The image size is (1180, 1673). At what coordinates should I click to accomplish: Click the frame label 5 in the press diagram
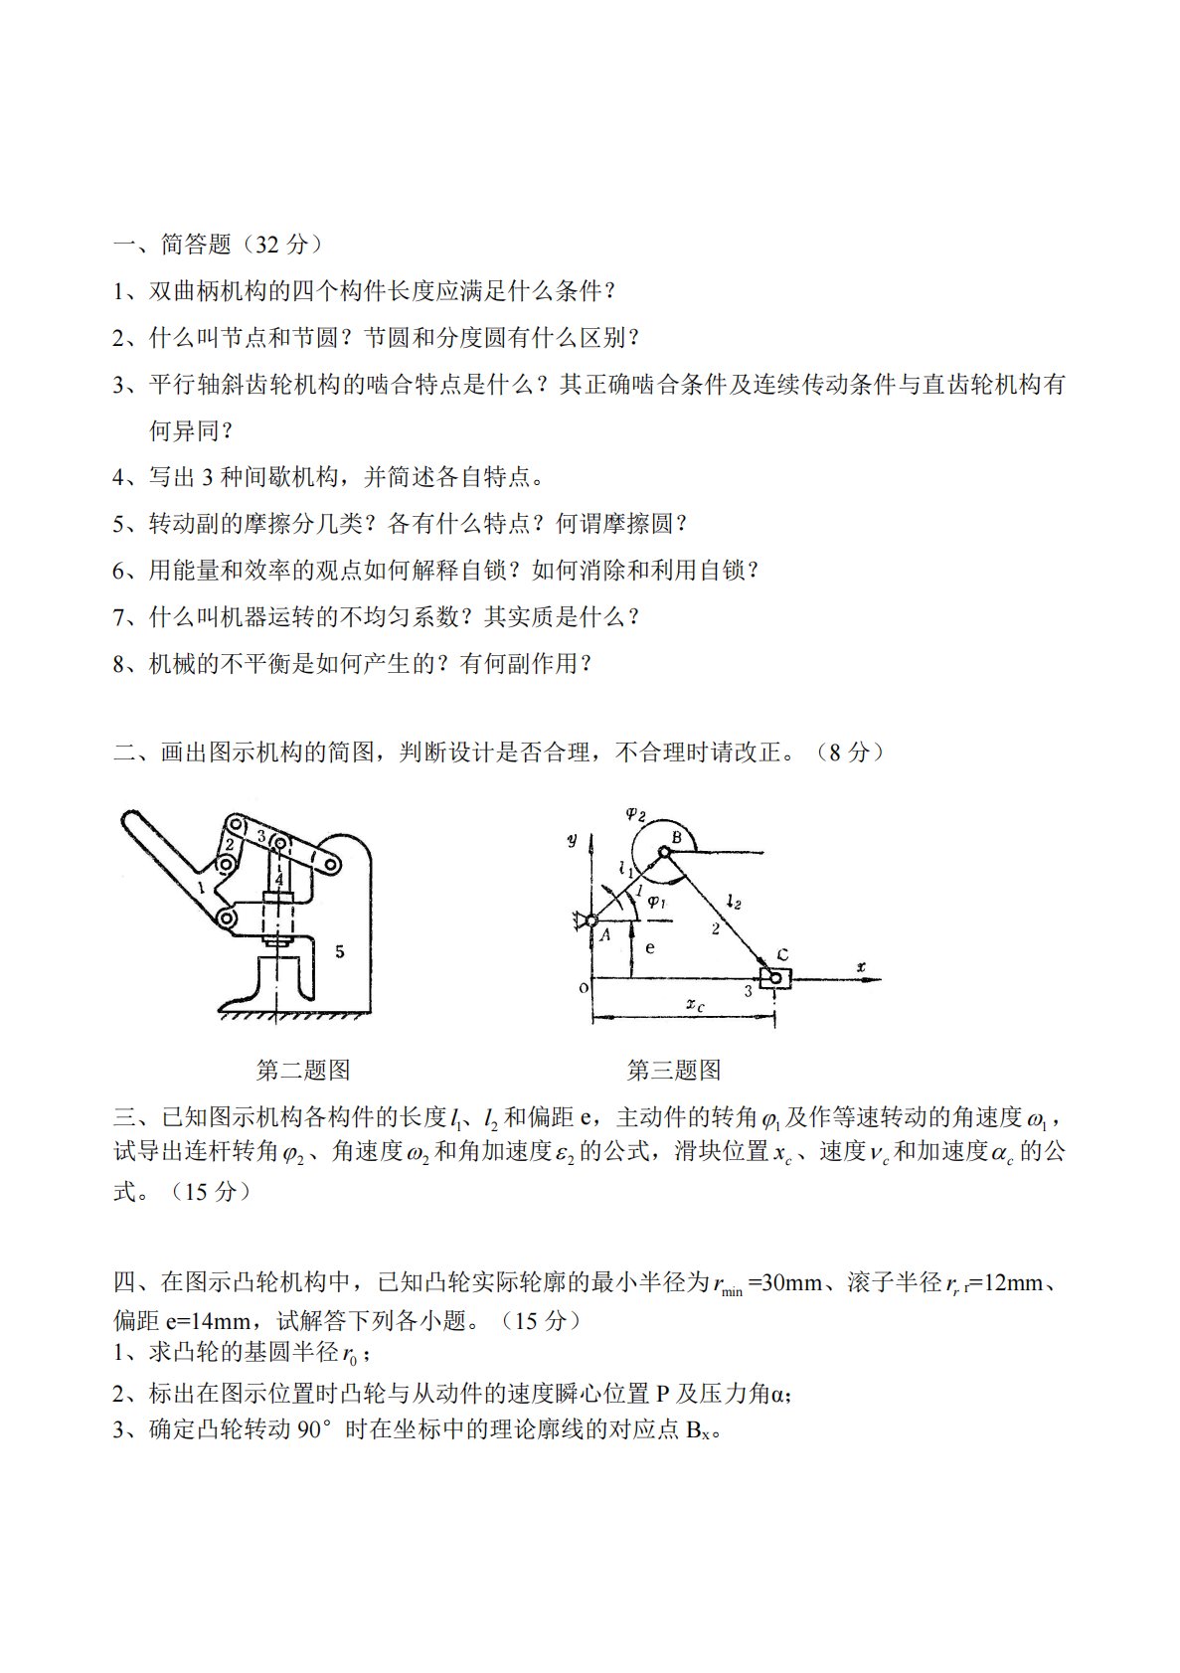coord(340,951)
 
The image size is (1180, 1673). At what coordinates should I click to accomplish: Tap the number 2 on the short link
coord(230,845)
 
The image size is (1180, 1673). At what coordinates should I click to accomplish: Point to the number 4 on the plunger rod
coord(278,880)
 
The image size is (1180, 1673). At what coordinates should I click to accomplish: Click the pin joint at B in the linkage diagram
coord(662,851)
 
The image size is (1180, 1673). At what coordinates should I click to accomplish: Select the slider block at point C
coord(775,978)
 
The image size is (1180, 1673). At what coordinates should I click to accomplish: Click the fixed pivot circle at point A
coord(591,920)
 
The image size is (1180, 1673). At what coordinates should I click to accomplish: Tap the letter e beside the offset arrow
coord(650,947)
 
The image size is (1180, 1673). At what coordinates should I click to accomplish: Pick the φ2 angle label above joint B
coord(635,814)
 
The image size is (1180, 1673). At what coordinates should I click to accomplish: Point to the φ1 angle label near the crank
coord(656,903)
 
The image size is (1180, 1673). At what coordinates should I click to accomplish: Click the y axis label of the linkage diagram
coord(572,840)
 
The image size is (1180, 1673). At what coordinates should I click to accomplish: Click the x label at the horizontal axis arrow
coord(861,966)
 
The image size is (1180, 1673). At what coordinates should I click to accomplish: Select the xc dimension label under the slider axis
coord(695,1005)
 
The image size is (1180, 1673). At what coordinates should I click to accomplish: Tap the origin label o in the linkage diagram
coord(584,987)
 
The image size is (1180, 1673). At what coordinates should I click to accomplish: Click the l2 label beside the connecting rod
coord(734,903)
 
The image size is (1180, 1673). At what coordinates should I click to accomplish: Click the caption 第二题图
coord(302,1070)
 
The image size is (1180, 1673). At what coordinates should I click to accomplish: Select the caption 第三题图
coord(674,1070)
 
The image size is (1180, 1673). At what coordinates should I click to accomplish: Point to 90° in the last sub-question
coord(314,1429)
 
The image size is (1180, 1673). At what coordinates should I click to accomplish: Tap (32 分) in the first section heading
coord(280,245)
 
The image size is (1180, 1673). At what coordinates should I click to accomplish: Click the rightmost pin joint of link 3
coord(332,865)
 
